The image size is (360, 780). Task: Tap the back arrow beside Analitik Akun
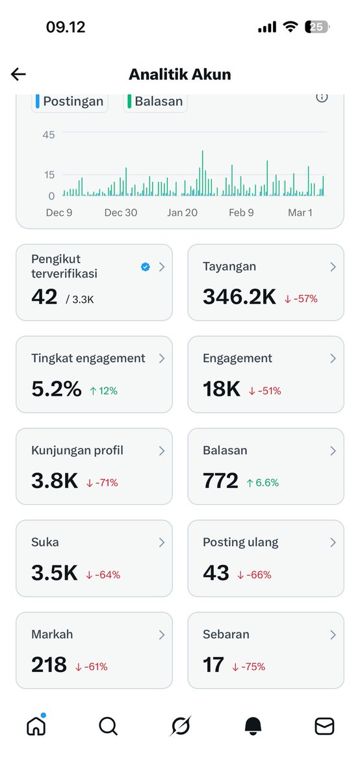(18, 74)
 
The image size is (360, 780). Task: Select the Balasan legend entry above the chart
(155, 101)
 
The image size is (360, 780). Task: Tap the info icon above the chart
(322, 97)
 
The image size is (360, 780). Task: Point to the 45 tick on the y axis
(49, 135)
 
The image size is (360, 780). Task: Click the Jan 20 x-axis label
(182, 213)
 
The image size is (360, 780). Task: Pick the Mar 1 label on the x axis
(300, 213)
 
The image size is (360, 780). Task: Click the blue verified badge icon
(146, 266)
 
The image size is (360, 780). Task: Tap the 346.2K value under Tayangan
(239, 297)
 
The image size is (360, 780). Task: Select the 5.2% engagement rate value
(57, 389)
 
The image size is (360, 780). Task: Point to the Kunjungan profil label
(77, 450)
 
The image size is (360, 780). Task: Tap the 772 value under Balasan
(221, 482)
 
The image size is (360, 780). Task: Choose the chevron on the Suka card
(162, 543)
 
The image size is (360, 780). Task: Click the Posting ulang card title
(240, 543)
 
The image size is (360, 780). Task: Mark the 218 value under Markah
(49, 665)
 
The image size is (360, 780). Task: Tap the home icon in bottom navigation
(36, 725)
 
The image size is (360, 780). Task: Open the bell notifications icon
(253, 726)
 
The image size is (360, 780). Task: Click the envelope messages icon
(324, 726)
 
